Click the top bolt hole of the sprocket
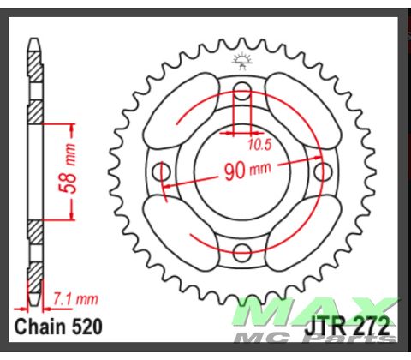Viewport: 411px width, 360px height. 242,91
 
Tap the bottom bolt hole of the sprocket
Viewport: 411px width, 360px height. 242,250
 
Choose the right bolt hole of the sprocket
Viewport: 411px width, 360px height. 322,171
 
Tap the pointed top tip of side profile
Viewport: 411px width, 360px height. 33,40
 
